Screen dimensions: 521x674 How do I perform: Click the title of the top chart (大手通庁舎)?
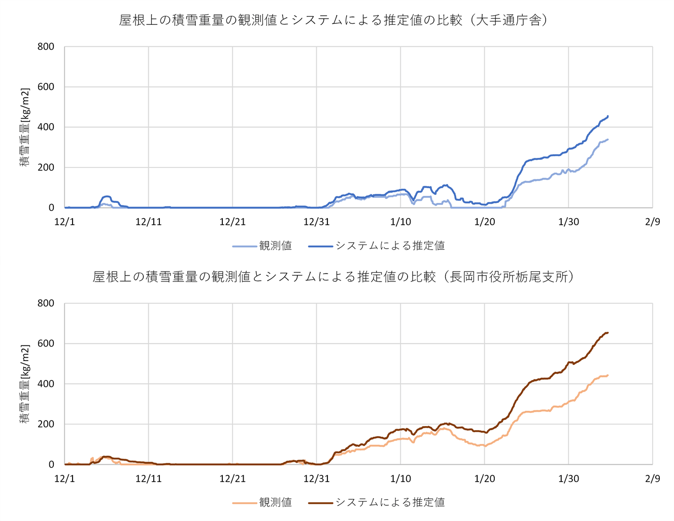click(333, 20)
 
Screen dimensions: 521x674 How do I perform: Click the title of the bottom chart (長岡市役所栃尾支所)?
click(333, 277)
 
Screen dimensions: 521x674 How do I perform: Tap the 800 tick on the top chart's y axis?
click(46, 47)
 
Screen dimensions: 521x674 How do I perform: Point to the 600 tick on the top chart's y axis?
click(46, 87)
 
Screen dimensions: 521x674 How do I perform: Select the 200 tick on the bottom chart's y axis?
click(46, 424)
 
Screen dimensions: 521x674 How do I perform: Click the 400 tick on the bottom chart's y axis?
click(46, 384)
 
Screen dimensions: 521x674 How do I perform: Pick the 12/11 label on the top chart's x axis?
click(149, 222)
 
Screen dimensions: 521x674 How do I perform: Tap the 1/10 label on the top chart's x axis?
click(400, 222)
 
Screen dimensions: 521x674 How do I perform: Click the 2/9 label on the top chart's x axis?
click(652, 222)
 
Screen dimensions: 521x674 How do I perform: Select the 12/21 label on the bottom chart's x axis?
click(232, 478)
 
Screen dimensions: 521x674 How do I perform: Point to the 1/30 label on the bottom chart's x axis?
click(568, 478)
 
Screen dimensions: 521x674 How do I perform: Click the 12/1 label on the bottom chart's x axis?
click(64, 478)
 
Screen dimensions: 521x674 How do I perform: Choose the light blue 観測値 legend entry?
click(262, 246)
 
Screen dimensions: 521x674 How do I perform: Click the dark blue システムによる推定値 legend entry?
click(377, 246)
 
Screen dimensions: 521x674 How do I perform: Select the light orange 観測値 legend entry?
click(262, 502)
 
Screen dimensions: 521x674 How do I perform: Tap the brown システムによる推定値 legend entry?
click(377, 502)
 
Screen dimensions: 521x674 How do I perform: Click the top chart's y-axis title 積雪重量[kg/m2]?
click(25, 127)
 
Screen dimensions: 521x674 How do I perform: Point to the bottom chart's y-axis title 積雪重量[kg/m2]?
click(25, 384)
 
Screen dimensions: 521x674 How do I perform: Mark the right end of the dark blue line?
click(608, 116)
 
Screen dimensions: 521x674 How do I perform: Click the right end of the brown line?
click(608, 333)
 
